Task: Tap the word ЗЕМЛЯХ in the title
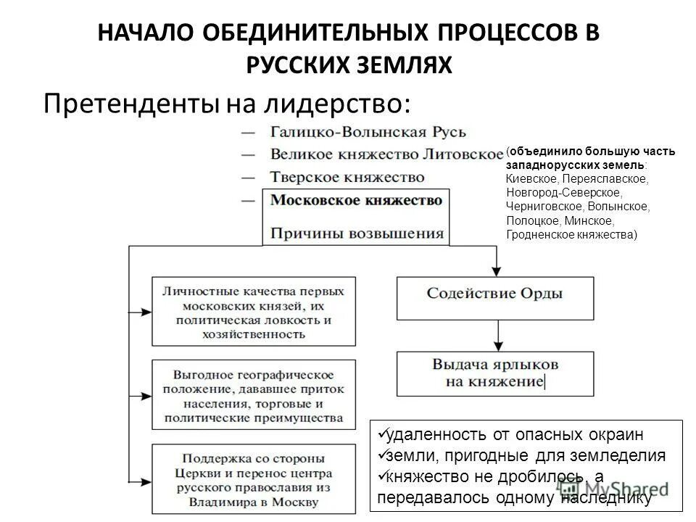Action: (x=411, y=65)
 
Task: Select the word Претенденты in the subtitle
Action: (x=131, y=104)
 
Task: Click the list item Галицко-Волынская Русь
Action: (x=368, y=133)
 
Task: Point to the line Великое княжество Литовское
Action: (x=386, y=154)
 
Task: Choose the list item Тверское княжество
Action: (x=347, y=177)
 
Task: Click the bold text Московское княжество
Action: (x=356, y=200)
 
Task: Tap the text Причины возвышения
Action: (x=356, y=233)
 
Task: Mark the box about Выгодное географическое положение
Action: (x=253, y=396)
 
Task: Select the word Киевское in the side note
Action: (x=532, y=178)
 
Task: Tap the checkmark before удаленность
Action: (x=381, y=433)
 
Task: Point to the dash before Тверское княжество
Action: (x=249, y=177)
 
